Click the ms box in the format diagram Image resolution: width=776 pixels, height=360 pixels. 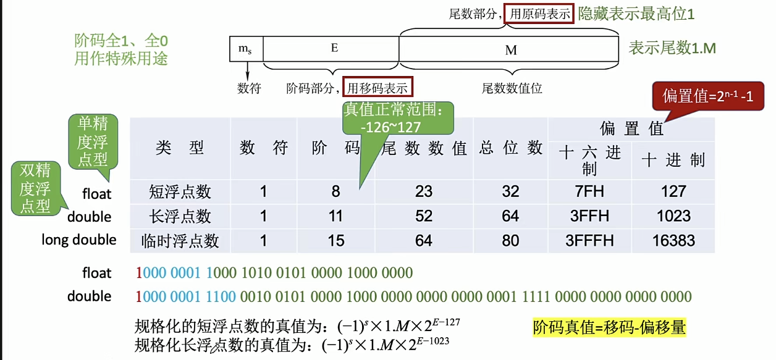point(245,48)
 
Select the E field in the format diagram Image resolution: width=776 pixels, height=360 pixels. point(334,48)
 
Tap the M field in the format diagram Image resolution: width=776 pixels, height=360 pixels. point(510,49)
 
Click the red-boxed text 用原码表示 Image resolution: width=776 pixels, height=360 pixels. point(539,14)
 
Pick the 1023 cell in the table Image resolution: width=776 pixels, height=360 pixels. point(673,216)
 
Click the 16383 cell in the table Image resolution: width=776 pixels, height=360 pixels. point(673,240)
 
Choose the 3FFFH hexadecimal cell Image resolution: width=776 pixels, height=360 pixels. point(590,240)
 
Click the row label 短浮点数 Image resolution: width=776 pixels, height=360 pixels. point(180,191)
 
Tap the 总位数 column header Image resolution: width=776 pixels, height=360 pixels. point(510,148)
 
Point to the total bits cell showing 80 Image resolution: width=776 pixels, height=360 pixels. point(510,240)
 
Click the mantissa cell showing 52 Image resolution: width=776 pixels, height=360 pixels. point(424,216)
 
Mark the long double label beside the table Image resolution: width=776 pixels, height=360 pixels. point(79,240)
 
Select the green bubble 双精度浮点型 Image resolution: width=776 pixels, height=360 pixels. point(35,188)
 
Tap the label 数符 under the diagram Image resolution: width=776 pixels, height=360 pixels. point(249,88)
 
